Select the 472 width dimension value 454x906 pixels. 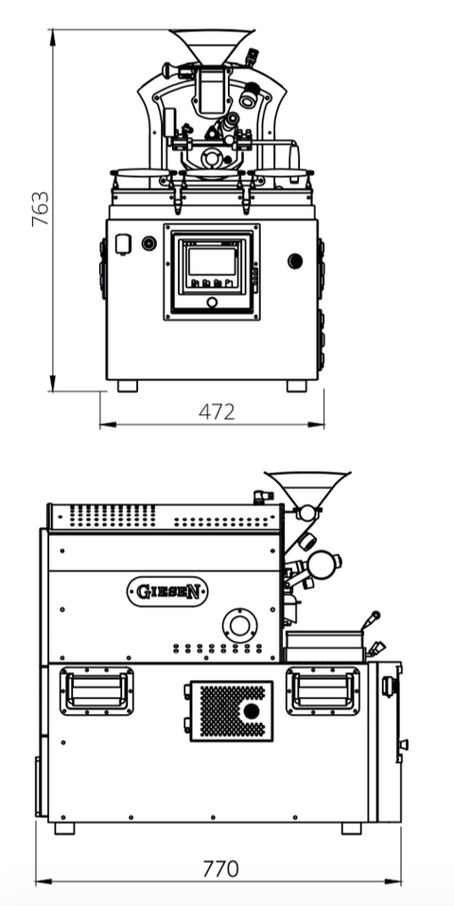pyautogui.click(x=217, y=411)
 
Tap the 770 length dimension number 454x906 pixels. pyautogui.click(x=219, y=867)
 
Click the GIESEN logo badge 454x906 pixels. pyautogui.click(x=167, y=592)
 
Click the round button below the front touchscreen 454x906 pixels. pyautogui.click(x=211, y=303)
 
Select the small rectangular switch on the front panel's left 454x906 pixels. pyautogui.click(x=122, y=244)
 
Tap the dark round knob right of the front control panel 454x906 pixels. pyautogui.click(x=295, y=260)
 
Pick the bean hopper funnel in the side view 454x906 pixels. pyautogui.click(x=306, y=487)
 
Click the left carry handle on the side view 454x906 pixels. pyautogui.click(x=96, y=689)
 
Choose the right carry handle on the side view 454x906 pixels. pyautogui.click(x=323, y=689)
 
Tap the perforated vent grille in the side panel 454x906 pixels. pyautogui.click(x=232, y=709)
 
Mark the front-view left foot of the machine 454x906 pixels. pyautogui.click(x=126, y=386)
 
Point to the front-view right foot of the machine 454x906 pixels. pyautogui.click(x=297, y=386)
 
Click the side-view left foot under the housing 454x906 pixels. pyautogui.click(x=64, y=828)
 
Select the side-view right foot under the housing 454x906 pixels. pyautogui.click(x=351, y=828)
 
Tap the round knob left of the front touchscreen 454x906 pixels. pyautogui.click(x=148, y=243)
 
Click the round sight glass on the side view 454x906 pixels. pyautogui.click(x=324, y=564)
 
